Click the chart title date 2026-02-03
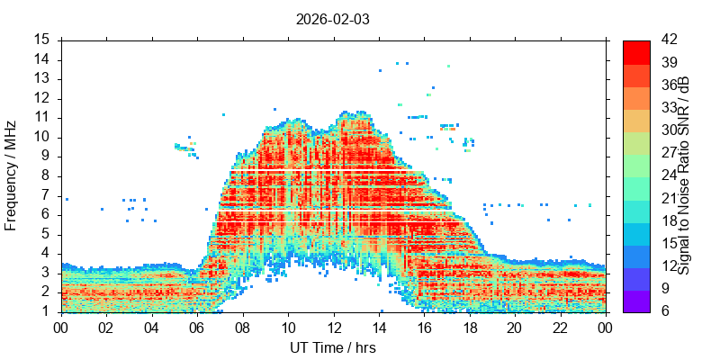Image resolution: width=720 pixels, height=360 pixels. coord(332,18)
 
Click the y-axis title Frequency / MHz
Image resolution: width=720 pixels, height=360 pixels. coord(11,175)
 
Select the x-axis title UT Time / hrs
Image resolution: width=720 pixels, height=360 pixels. coord(332,347)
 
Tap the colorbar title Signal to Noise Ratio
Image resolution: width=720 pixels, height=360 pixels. coord(684,175)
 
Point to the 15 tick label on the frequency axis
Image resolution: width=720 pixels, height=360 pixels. coord(41,40)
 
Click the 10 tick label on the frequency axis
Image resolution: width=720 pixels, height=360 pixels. coord(41,137)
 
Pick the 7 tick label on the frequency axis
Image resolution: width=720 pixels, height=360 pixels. coord(45,195)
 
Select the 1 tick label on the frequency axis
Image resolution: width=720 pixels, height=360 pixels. coord(45,311)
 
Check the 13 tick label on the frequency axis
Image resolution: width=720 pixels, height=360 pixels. coord(41,78)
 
